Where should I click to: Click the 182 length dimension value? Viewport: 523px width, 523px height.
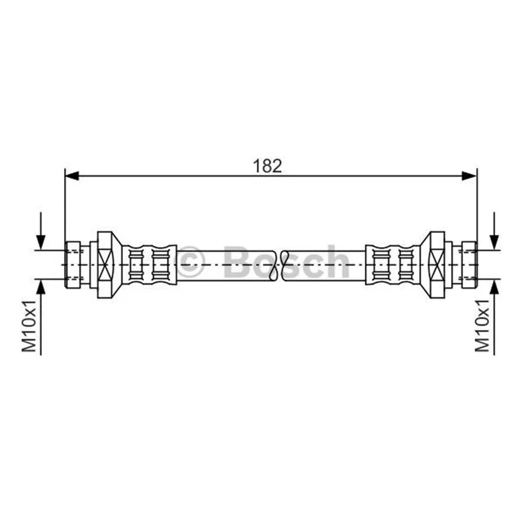coord(267,166)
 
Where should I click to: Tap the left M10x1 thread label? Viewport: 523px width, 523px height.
coord(29,326)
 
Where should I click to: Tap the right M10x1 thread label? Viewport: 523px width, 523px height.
coord(482,326)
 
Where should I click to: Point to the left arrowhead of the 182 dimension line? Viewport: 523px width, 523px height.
coord(72,175)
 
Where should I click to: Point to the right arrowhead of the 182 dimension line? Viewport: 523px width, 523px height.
coord(469,175)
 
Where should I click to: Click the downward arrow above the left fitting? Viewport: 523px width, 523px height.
coord(41,231)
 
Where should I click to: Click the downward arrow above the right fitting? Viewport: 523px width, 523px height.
coord(494,231)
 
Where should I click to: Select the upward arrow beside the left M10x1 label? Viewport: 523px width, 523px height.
coord(41,317)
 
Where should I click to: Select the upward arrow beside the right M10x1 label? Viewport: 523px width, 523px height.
coord(494,317)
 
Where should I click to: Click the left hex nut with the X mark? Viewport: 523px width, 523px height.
coord(106,265)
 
